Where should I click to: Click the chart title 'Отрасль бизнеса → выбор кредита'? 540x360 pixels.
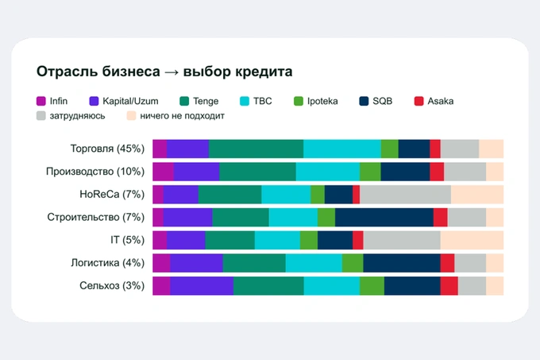click(x=164, y=72)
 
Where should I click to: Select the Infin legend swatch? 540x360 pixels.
click(x=41, y=101)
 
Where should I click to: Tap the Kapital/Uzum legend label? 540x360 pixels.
click(x=130, y=101)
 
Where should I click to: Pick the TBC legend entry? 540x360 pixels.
click(x=256, y=101)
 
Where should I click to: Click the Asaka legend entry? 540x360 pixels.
click(x=434, y=101)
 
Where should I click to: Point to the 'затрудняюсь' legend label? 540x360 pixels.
click(x=78, y=116)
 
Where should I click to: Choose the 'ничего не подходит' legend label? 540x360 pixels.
click(x=182, y=116)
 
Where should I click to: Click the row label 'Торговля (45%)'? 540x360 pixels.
click(x=107, y=149)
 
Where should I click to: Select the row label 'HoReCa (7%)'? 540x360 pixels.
click(x=112, y=194)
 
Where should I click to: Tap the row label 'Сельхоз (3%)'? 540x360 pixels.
click(x=112, y=285)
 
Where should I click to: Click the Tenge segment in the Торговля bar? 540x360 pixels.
click(x=256, y=149)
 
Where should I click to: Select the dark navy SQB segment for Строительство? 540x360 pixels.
click(x=384, y=218)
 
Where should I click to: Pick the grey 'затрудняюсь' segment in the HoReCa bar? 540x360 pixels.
click(x=405, y=194)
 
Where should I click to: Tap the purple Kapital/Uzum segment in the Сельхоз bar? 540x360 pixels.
click(x=202, y=286)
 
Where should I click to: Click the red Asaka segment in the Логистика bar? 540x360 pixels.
click(x=447, y=263)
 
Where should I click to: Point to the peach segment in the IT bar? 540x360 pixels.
click(x=472, y=240)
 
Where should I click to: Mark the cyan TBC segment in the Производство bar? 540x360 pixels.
click(x=328, y=172)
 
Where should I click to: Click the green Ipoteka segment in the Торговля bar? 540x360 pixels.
click(x=389, y=149)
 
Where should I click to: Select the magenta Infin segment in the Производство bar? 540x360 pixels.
click(x=164, y=172)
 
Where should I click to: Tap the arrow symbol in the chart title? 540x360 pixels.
click(x=172, y=72)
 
